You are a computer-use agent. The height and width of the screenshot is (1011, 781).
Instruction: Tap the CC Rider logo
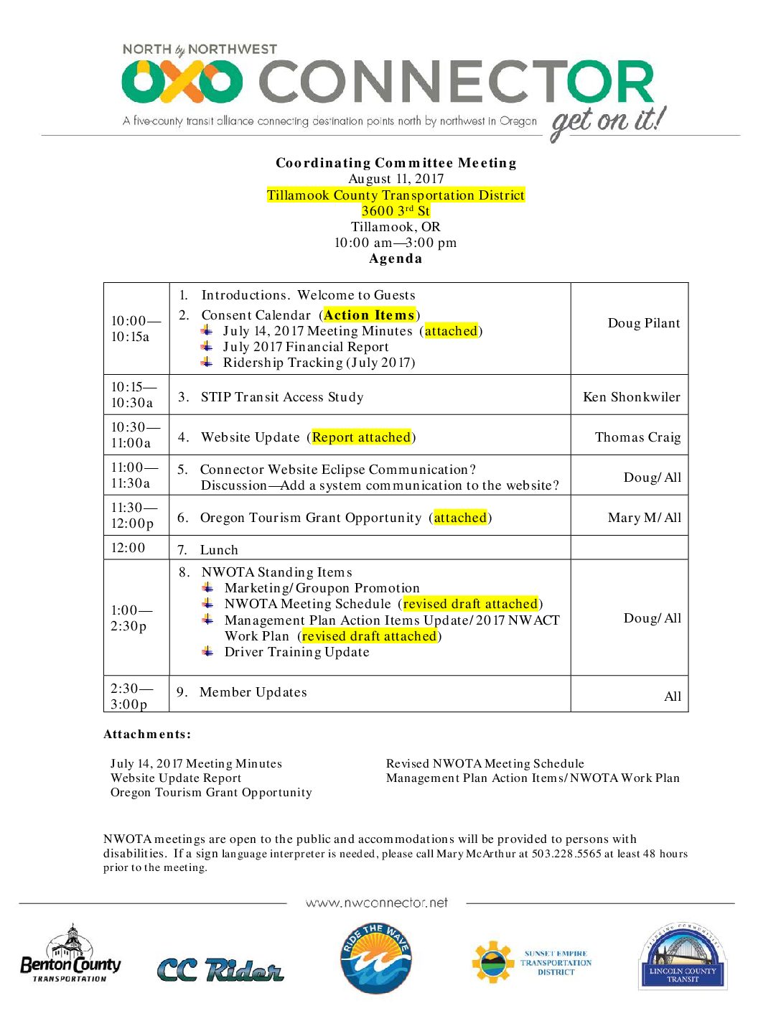click(x=220, y=969)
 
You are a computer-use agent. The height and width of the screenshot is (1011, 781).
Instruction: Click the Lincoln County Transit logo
click(x=682, y=957)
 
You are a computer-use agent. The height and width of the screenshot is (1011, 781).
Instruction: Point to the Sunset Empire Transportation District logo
click(x=532, y=962)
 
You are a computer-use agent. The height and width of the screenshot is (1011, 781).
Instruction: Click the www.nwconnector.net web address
click(x=376, y=903)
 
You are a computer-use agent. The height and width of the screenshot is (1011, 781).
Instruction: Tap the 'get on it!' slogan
click(x=608, y=121)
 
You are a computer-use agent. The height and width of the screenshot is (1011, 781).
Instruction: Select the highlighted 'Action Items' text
click(x=369, y=315)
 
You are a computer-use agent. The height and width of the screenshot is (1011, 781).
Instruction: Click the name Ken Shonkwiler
click(x=631, y=397)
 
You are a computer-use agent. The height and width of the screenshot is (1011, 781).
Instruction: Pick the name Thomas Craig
click(x=637, y=437)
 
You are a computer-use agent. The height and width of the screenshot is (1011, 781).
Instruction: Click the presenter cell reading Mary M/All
click(x=644, y=518)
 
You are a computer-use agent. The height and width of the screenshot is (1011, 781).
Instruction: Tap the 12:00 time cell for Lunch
click(x=128, y=548)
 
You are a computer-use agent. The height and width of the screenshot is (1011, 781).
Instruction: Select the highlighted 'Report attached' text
click(x=361, y=437)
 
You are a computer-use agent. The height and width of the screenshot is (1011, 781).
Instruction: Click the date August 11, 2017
click(x=396, y=179)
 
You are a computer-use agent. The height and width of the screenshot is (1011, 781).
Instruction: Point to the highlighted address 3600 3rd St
click(x=396, y=210)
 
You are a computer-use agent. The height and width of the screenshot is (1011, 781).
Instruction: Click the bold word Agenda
click(x=396, y=258)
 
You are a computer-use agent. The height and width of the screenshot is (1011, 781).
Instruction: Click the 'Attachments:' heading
click(x=147, y=734)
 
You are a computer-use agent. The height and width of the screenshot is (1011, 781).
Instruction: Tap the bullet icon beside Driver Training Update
click(x=207, y=651)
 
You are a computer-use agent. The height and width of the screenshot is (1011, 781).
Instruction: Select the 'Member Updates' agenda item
click(x=253, y=692)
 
